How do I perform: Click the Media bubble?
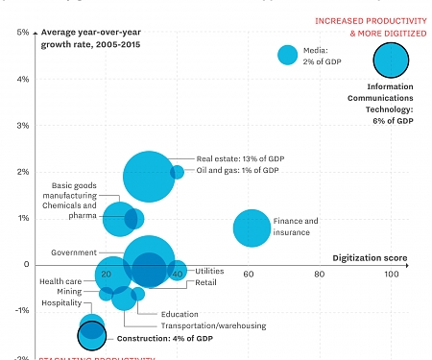point(287,55)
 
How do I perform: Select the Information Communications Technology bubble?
point(391,61)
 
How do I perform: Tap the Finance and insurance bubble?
point(252,228)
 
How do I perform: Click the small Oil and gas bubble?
point(178,172)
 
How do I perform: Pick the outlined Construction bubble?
point(91,334)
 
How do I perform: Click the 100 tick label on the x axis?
point(392,275)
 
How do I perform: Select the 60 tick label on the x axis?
point(249,275)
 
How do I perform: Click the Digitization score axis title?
point(370,257)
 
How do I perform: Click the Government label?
point(73,253)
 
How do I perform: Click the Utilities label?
point(211,272)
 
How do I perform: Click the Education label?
point(180,313)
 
